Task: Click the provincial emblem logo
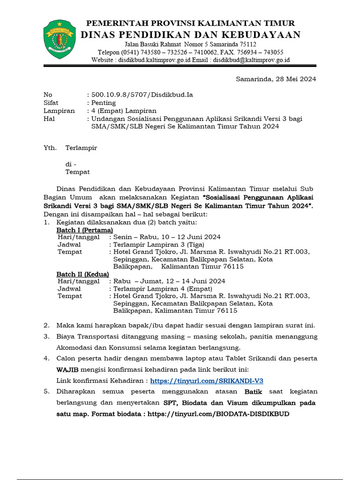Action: [x=59, y=39]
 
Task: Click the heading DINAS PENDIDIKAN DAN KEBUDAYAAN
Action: [x=190, y=35]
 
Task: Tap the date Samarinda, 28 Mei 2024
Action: [x=276, y=79]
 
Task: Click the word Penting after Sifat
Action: [x=104, y=103]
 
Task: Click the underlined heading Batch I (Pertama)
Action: [x=85, y=230]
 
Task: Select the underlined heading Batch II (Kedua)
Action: [x=83, y=274]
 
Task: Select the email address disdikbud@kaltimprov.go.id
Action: [x=252, y=60]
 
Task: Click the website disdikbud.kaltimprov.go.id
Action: [x=154, y=60]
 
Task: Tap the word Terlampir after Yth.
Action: [x=81, y=148]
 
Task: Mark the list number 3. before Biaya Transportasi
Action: [x=46, y=337]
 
